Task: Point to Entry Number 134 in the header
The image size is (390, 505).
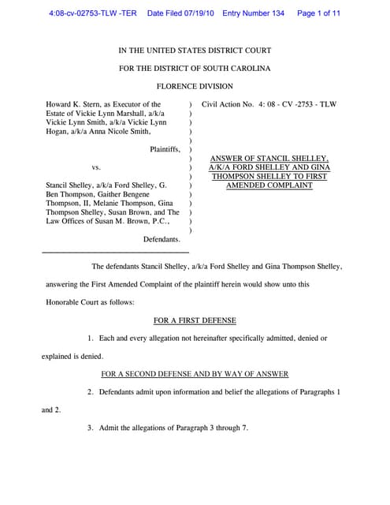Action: point(254,13)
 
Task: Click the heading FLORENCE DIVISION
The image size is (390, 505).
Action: point(194,86)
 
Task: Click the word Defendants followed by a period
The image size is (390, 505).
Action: point(162,238)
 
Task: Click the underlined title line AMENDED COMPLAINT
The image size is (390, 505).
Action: point(269,185)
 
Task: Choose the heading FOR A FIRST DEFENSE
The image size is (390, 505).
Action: point(194,320)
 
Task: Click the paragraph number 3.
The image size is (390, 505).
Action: point(91,428)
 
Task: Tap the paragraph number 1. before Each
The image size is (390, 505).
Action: point(91,338)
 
